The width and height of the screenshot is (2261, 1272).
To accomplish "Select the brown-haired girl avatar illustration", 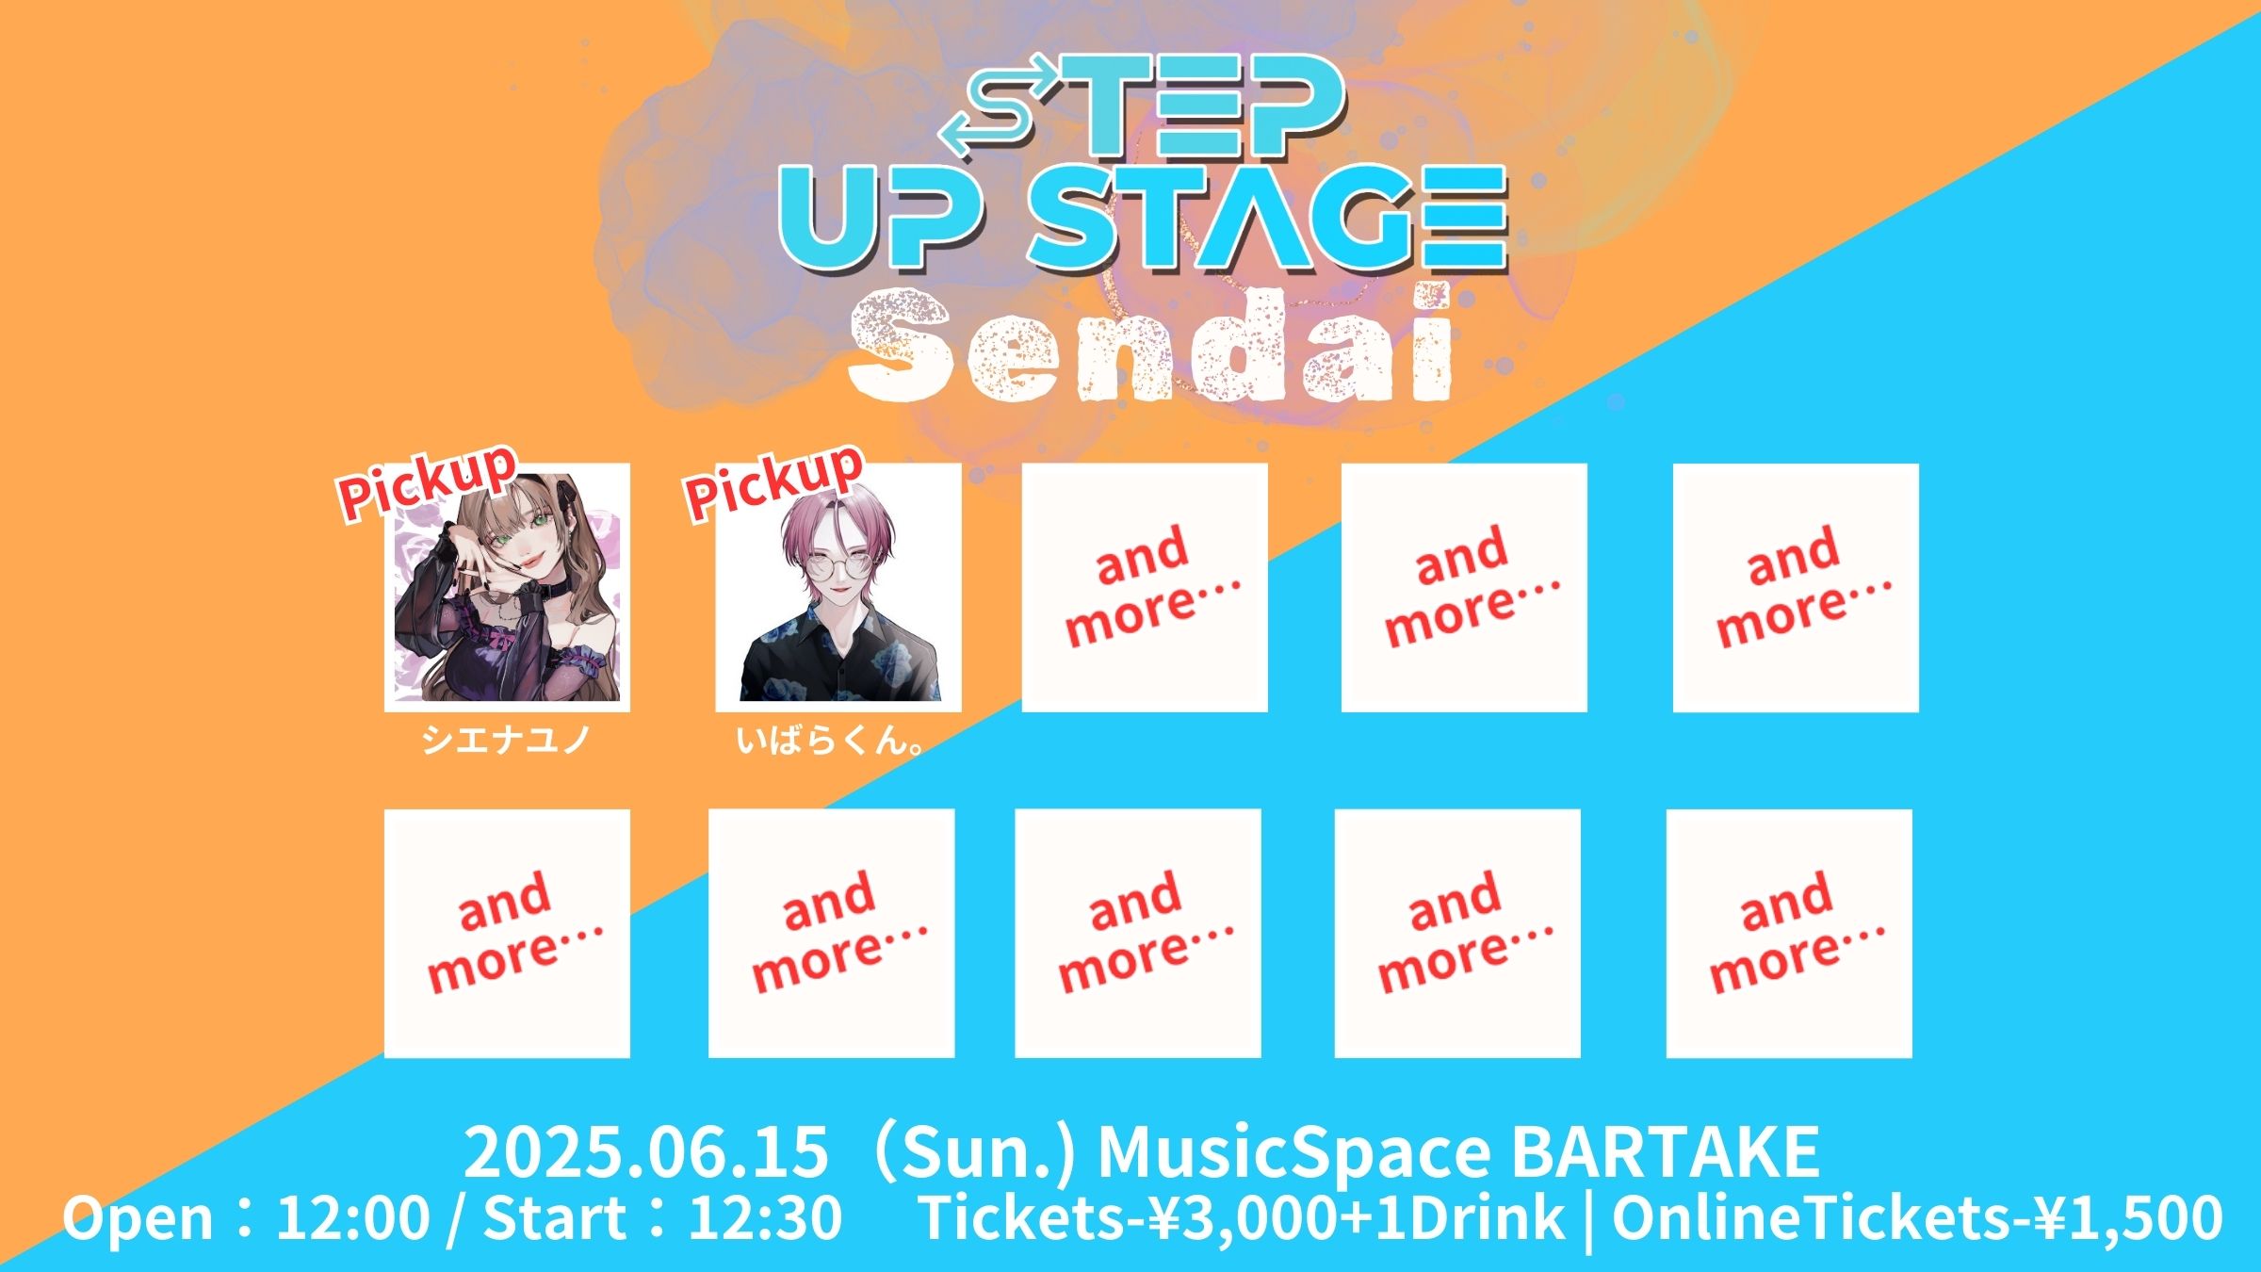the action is (x=507, y=587).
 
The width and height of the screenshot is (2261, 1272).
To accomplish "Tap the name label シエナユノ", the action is (x=506, y=740).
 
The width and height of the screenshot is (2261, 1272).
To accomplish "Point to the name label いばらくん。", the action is (x=830, y=741).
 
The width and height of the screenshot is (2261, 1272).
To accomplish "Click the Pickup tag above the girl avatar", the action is (x=429, y=481).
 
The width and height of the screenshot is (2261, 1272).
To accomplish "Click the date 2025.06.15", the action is (x=645, y=1151).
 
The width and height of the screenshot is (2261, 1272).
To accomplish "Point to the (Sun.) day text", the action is (x=973, y=1152).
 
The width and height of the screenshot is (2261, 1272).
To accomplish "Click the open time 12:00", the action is (x=353, y=1217).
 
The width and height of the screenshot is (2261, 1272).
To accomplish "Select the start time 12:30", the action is (x=765, y=1217).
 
